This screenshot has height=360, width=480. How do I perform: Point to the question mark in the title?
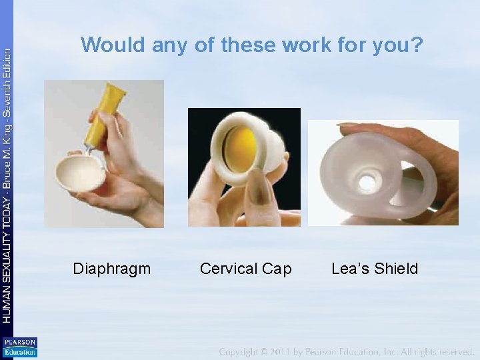click(x=417, y=45)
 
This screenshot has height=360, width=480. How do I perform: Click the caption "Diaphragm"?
click(x=111, y=269)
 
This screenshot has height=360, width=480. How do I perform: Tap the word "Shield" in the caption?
click(x=396, y=269)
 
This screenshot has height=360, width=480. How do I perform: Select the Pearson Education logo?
click(x=19, y=347)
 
